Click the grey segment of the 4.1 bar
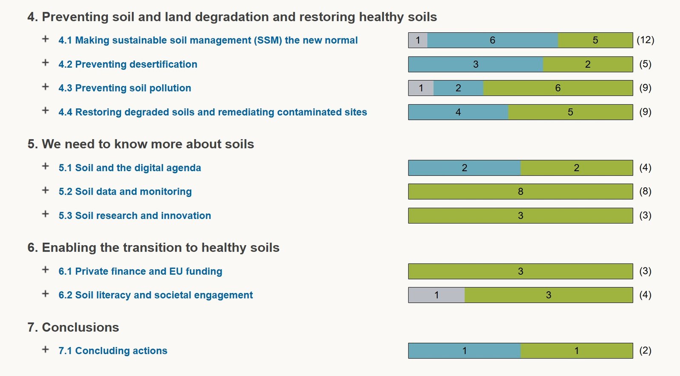(418, 40)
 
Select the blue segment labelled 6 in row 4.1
(492, 40)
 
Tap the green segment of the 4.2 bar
(587, 64)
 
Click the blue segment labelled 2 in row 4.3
(458, 88)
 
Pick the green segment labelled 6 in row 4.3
(558, 88)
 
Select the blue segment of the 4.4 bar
(458, 112)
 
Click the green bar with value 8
(520, 192)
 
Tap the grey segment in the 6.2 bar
(436, 295)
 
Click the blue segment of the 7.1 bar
(464, 351)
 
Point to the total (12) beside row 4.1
(645, 40)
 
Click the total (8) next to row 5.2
(645, 192)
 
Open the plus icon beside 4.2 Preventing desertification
(45, 63)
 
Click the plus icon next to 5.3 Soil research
(45, 214)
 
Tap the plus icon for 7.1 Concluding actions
(45, 350)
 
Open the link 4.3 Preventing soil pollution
(125, 88)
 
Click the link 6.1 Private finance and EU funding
(140, 271)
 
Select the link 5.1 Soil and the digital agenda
(130, 168)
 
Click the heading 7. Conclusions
(73, 327)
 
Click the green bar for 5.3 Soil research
(520, 215)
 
